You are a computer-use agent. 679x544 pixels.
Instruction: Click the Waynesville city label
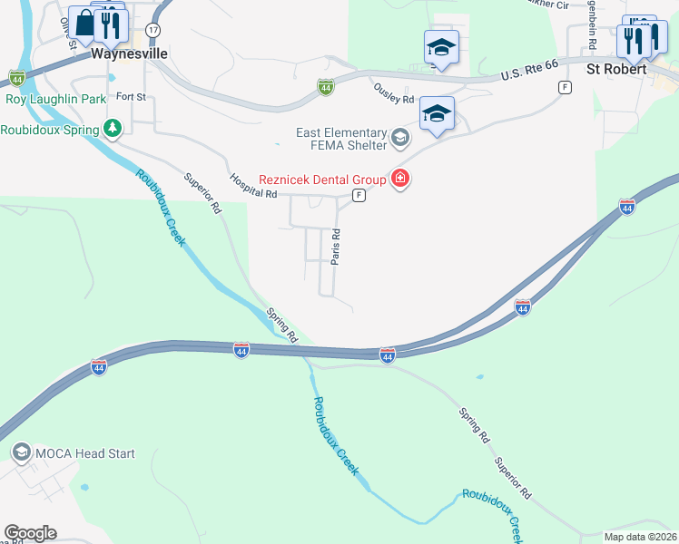pos(130,53)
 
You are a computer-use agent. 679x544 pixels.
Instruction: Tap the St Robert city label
pos(616,68)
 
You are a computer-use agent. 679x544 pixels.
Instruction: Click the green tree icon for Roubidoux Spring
pos(112,129)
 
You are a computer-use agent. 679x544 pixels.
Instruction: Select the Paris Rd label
pos(336,247)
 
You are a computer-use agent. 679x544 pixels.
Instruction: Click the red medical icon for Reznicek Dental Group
pos(399,179)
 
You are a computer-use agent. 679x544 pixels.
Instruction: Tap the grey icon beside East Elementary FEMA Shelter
pos(400,139)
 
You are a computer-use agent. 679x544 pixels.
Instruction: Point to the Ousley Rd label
pos(394,92)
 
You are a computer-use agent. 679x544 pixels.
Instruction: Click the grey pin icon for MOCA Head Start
pos(20,452)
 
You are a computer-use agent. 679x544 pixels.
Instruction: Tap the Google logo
pos(30,533)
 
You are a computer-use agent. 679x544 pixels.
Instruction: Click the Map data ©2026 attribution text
pos(640,537)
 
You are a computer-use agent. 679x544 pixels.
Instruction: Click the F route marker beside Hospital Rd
pos(359,196)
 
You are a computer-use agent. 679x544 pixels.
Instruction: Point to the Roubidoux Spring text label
pos(50,130)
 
